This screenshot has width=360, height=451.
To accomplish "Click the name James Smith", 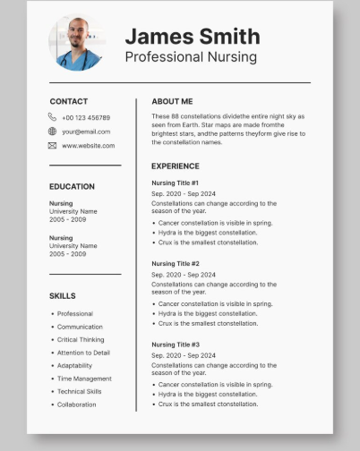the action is point(192,36).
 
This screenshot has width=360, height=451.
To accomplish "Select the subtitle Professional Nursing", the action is point(190,57).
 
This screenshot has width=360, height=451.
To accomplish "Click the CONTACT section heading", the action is point(69,101).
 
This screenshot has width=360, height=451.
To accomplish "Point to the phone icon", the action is point(53,117).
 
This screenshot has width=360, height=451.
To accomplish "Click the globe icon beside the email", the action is point(53,132).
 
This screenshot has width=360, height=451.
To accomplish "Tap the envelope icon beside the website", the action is point(53,145).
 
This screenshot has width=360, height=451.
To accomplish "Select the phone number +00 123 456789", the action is point(86,117).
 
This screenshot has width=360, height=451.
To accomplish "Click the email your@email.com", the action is point(86,132).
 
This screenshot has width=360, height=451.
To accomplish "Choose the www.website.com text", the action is point(89,145).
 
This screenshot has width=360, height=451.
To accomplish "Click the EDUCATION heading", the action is point(72,186).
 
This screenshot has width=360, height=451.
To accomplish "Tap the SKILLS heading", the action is point(63,295).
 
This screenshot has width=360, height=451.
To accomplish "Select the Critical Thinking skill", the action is point(81,340).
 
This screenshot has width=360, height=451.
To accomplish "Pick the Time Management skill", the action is point(84,379).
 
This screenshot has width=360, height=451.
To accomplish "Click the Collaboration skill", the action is point(76,404).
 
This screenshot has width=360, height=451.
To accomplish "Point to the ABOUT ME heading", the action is point(172,101).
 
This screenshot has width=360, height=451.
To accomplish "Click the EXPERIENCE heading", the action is point(176,166).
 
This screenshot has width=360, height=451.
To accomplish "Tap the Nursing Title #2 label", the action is point(176,263).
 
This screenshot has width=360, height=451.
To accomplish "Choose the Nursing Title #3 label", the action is point(176,345).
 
